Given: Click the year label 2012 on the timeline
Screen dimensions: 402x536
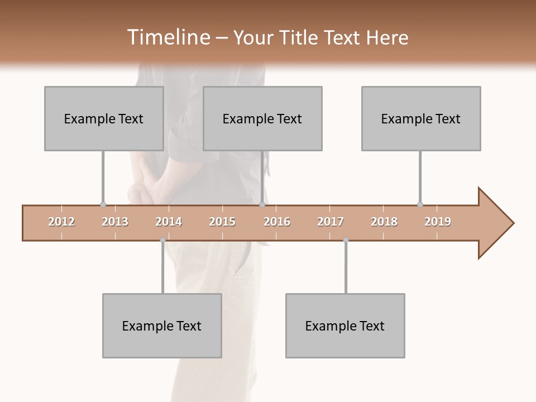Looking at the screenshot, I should pos(61,222).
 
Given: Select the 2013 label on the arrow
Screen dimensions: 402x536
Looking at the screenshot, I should pos(115,222).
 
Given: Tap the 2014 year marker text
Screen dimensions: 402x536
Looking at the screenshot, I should pos(169,222).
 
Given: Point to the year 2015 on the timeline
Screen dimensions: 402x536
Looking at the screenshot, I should pos(222,222).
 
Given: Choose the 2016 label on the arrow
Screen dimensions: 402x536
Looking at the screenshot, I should pos(277,222).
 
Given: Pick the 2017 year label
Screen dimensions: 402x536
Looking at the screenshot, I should pos(331,222).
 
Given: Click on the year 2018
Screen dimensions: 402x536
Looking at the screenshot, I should pos(384,222).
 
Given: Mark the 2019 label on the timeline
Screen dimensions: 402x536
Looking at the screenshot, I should pos(438,222).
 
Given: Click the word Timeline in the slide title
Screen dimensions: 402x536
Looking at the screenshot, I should pos(167,37).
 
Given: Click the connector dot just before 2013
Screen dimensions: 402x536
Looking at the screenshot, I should pos(103,205).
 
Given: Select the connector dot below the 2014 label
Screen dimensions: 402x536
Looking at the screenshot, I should pos(162,240).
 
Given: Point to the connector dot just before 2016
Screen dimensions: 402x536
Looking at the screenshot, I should pos(262,205).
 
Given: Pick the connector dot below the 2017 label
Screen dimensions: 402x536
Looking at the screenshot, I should pos(346,240).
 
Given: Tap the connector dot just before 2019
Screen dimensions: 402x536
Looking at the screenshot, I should pos(420,205).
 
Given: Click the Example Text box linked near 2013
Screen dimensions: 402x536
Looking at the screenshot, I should pos(104,118).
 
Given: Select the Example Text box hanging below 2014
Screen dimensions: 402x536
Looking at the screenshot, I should pos(162,326).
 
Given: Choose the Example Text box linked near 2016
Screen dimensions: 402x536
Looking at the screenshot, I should pos(262,118).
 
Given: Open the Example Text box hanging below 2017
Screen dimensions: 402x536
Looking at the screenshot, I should pos(345,326).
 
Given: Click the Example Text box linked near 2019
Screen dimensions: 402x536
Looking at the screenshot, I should pos(421,118).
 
